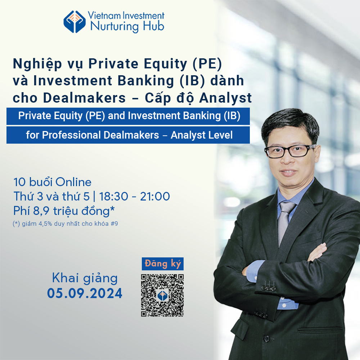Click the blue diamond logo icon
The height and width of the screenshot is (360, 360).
pos(75,22)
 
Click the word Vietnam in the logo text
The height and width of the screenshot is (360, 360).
pos(104,15)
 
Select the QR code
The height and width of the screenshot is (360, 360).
pos(162,295)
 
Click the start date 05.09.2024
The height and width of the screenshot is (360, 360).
pos(85,293)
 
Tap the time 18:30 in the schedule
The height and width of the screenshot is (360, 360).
pos(114,197)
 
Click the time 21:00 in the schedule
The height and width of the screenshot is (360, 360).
pos(155,197)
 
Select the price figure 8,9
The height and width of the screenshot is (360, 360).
pos(41,211)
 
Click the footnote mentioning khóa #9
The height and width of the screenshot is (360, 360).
pos(66,224)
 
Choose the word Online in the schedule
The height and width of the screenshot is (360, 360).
pos(73,182)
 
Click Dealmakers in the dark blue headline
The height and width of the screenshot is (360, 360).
pos(85,98)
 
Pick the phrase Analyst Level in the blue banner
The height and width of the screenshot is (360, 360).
pos(202,135)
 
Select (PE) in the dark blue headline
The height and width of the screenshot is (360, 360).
pos(207,64)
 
